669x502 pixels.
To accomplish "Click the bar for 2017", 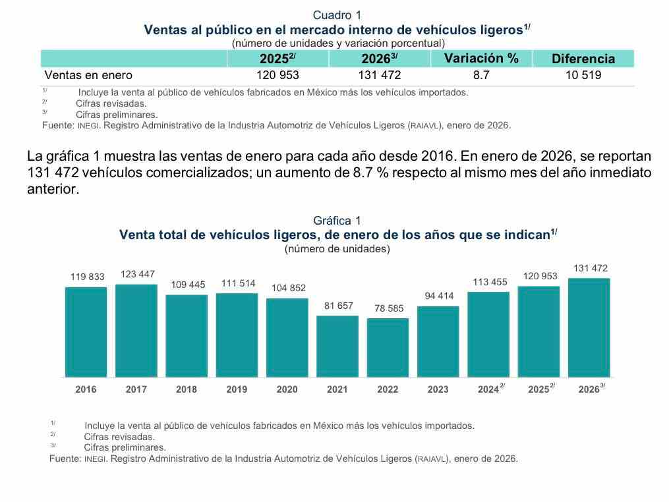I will pyautogui.click(x=136, y=331).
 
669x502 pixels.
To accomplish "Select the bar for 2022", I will pyautogui.click(x=388, y=348).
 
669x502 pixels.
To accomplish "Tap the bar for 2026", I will pyautogui.click(x=589, y=327).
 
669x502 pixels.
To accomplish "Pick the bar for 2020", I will pyautogui.click(x=287, y=338).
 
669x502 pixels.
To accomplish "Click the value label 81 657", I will pyautogui.click(x=337, y=306).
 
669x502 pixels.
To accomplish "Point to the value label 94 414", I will pyautogui.click(x=438, y=296).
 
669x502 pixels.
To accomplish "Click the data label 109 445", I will pyautogui.click(x=187, y=285).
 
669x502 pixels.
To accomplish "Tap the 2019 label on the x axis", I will pyautogui.click(x=237, y=389).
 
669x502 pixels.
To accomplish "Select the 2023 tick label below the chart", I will pyautogui.click(x=438, y=389).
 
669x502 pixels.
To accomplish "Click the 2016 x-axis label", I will pyautogui.click(x=86, y=389).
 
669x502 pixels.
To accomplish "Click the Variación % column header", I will pyautogui.click(x=481, y=58).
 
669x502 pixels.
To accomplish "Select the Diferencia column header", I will pyautogui.click(x=583, y=59).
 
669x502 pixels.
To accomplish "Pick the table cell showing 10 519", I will pyautogui.click(x=583, y=75).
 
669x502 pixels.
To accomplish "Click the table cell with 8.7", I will pyautogui.click(x=481, y=75).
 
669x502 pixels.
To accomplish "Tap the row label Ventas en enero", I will pyautogui.click(x=88, y=75).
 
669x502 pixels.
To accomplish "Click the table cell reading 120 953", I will pyautogui.click(x=277, y=75).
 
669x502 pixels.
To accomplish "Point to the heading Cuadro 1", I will pyautogui.click(x=337, y=15).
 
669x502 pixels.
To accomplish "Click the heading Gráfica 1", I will pyautogui.click(x=337, y=221).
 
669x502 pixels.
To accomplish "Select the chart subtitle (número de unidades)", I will pyautogui.click(x=337, y=249).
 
